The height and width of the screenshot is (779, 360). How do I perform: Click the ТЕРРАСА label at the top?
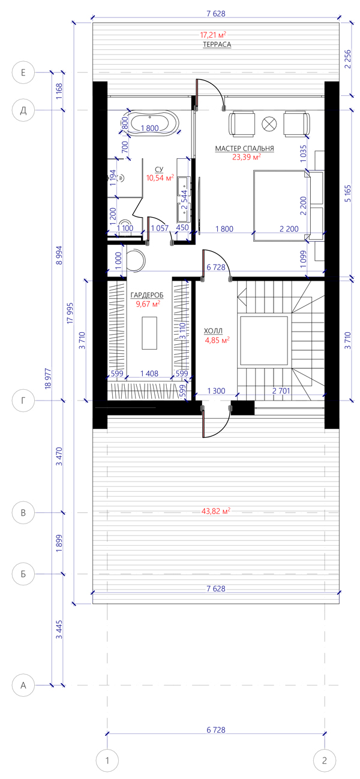(217, 44)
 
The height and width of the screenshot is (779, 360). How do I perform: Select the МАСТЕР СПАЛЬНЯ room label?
(245, 149)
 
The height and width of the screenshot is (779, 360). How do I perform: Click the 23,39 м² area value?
(247, 157)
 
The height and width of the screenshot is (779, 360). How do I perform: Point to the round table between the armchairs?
(269, 124)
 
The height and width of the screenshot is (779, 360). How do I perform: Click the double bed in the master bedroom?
(281, 205)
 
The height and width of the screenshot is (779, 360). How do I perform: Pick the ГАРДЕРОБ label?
(147, 295)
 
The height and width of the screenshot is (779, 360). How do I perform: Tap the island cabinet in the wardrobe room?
(149, 333)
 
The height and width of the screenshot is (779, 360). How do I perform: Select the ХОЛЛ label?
(213, 331)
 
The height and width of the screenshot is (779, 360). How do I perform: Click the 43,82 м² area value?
(216, 511)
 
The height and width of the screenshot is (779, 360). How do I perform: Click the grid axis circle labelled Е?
(23, 73)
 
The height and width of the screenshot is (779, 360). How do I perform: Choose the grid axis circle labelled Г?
(23, 401)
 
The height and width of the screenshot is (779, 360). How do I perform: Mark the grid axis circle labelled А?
(23, 685)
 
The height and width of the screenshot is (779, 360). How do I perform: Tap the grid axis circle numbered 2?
(325, 760)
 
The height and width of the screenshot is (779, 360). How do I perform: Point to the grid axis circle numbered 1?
(107, 760)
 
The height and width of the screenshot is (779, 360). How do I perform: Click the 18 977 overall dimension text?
(48, 378)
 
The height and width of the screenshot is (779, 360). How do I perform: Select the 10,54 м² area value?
(160, 178)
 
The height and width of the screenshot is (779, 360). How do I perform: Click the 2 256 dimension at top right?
(348, 59)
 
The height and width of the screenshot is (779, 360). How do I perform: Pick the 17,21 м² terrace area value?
(213, 35)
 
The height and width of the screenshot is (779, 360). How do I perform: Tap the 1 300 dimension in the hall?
(217, 391)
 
